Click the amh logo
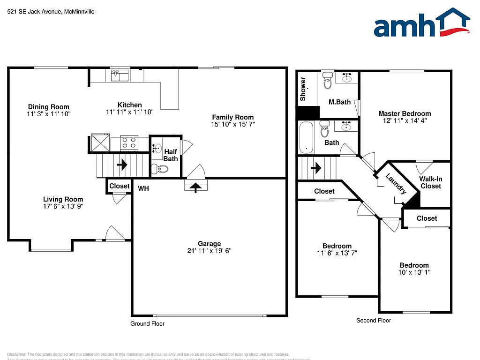click(421, 23)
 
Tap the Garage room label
click(209, 244)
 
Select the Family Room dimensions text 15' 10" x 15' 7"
click(232, 124)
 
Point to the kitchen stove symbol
click(129, 142)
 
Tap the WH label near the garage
click(143, 188)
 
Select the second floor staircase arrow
click(316, 167)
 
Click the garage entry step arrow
click(195, 187)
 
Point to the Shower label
click(303, 89)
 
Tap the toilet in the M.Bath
click(327, 82)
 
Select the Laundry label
click(396, 184)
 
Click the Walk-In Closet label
click(430, 182)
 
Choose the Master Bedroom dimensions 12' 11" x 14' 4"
click(405, 120)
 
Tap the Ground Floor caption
click(147, 324)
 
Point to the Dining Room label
click(48, 107)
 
